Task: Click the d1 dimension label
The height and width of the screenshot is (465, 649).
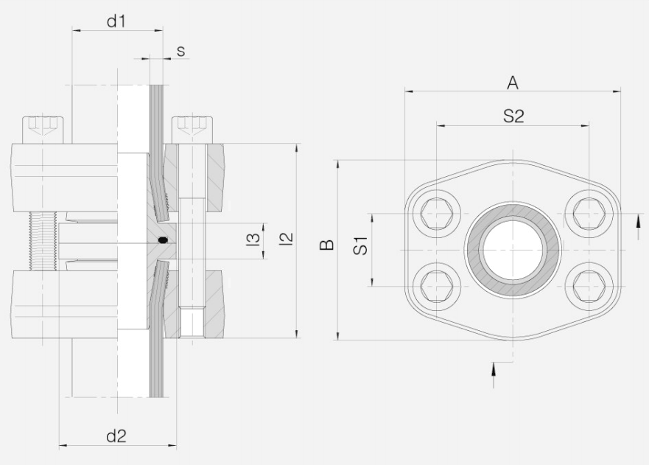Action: tap(116, 21)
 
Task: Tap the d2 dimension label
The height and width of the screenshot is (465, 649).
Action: tap(116, 436)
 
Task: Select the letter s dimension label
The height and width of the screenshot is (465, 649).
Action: tap(180, 52)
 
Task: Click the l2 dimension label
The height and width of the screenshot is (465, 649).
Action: tap(287, 239)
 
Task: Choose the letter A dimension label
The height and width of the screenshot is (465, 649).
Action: tap(513, 83)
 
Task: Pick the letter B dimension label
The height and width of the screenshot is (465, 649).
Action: tap(327, 245)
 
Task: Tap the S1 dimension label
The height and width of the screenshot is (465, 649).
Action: tap(361, 246)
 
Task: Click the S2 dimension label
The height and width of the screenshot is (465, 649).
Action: tap(513, 116)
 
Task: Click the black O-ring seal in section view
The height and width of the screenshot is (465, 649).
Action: tap(163, 240)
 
